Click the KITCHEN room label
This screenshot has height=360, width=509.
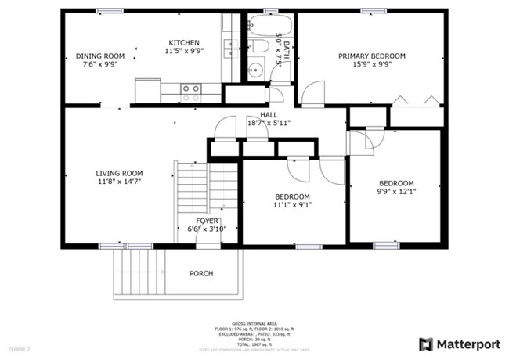(183, 42)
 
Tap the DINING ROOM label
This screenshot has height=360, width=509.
(99, 56)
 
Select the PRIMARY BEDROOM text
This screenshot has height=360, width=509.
(371, 56)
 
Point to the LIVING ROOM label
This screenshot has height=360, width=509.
(119, 173)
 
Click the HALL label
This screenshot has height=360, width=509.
(258, 114)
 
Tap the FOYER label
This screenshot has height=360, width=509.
(207, 221)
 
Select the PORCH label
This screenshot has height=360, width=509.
(201, 273)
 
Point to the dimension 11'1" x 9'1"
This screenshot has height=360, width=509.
(291, 206)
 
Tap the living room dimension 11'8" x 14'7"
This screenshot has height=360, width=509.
(119, 182)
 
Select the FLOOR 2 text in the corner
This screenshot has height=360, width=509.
(19, 348)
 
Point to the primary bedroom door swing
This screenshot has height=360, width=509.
(312, 94)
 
